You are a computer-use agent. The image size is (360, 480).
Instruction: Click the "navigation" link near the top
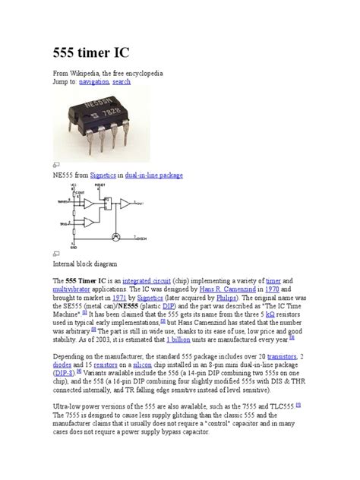point(93,81)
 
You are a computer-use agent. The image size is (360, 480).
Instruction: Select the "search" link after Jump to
point(122,81)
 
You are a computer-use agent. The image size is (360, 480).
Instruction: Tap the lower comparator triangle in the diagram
point(89,224)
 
